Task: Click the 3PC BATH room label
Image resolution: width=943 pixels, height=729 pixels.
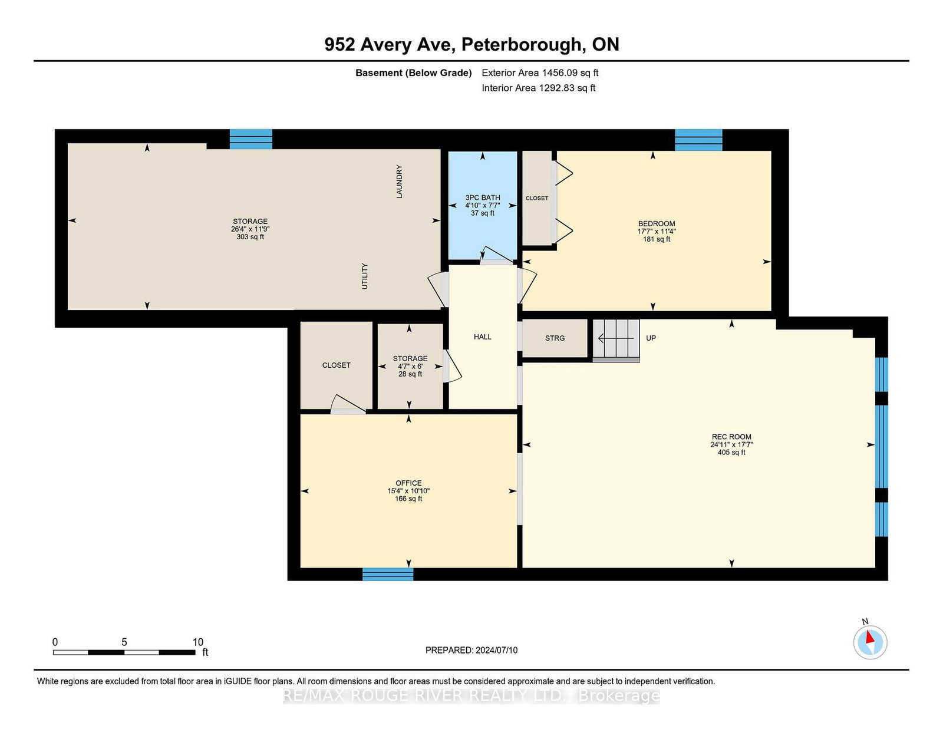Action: coord(483,198)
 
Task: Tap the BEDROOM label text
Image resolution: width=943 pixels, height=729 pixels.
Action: coord(657,224)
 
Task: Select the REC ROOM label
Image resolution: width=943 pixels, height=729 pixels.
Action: coord(731,437)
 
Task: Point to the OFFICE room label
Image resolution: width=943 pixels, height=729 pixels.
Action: coord(408,483)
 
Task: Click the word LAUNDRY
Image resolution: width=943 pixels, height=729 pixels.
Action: coord(399,182)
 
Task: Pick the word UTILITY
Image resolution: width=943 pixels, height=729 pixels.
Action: coord(364,276)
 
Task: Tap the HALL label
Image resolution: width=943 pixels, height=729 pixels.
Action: coord(483,337)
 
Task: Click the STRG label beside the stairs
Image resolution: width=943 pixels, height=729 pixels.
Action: coord(555,338)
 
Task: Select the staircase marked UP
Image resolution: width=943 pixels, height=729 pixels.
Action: coord(616,341)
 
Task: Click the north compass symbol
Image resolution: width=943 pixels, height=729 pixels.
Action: coord(870,641)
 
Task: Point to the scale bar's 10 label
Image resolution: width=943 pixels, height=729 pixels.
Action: coord(198,642)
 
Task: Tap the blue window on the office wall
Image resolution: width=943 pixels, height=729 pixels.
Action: coord(388,574)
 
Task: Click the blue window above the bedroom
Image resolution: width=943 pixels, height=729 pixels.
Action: coord(698,140)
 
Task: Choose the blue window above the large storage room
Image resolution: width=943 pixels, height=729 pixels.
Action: coord(251,139)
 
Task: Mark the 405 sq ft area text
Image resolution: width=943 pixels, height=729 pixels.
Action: coord(731,452)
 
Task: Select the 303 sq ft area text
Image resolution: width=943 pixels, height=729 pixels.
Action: coord(250,237)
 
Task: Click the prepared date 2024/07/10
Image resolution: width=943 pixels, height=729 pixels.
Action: coord(496,650)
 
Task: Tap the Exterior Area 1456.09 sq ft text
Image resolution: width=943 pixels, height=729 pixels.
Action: coord(540,73)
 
